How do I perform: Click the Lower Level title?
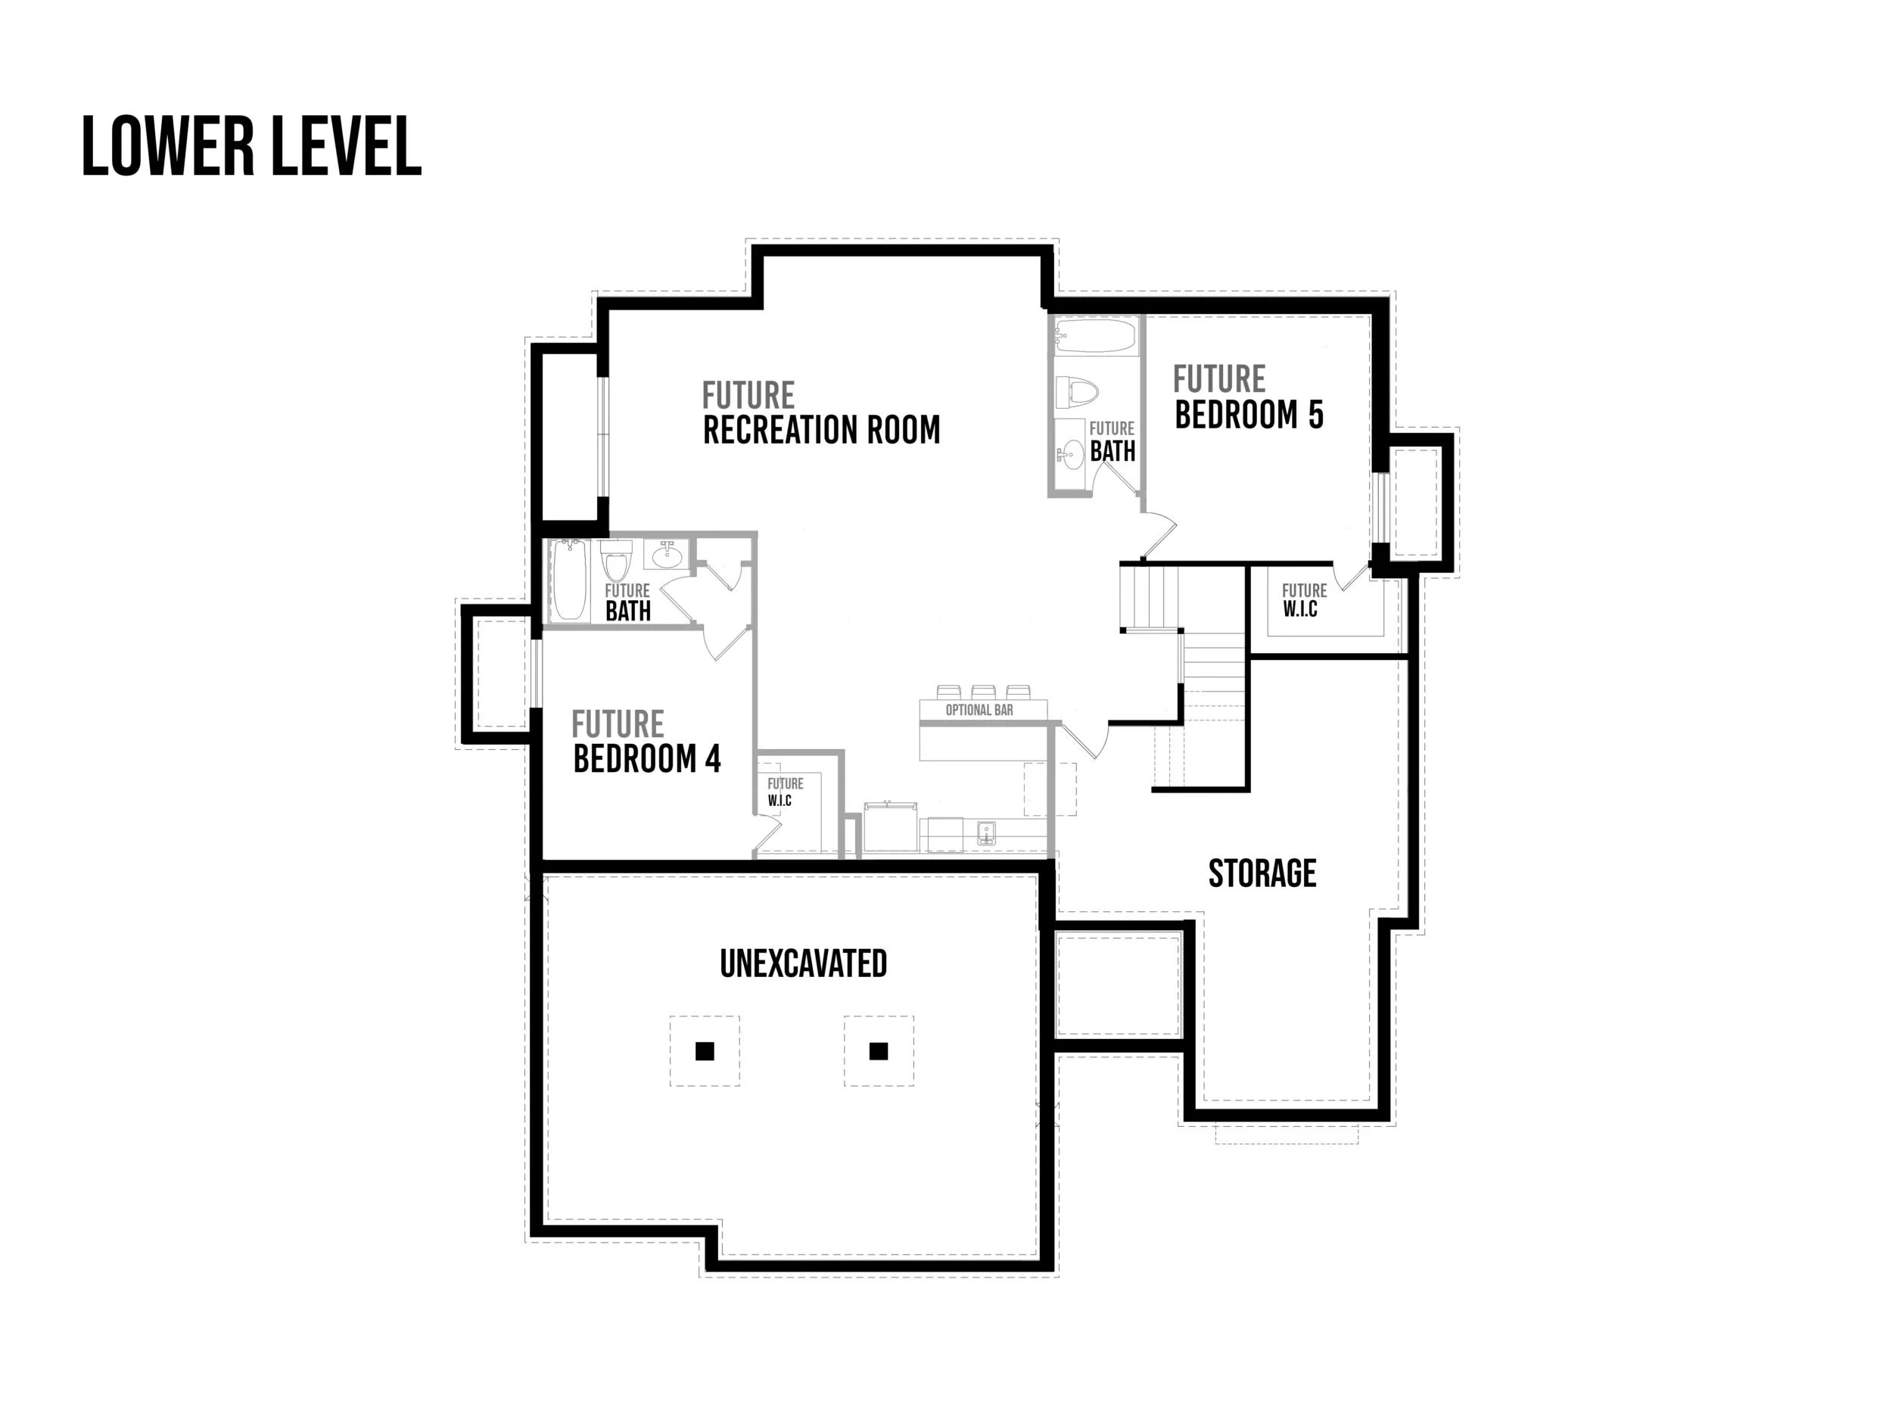pyautogui.click(x=251, y=147)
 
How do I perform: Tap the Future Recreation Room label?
pyautogui.click(x=820, y=413)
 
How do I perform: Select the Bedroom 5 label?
pyautogui.click(x=1248, y=398)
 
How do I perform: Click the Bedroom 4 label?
pyautogui.click(x=646, y=742)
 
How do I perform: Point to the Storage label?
pyautogui.click(x=1262, y=873)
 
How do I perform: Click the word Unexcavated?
pyautogui.click(x=803, y=964)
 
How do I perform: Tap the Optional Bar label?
pyautogui.click(x=979, y=710)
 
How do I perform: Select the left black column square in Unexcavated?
pyautogui.click(x=704, y=1051)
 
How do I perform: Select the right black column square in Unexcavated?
pyautogui.click(x=879, y=1051)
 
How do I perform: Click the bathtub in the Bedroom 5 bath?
pyautogui.click(x=1095, y=337)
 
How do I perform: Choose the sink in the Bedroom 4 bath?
pyautogui.click(x=668, y=557)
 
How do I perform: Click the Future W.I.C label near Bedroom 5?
pyautogui.click(x=1303, y=599)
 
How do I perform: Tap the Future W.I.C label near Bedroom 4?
pyautogui.click(x=783, y=791)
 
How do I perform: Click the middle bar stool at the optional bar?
pyautogui.click(x=983, y=691)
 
